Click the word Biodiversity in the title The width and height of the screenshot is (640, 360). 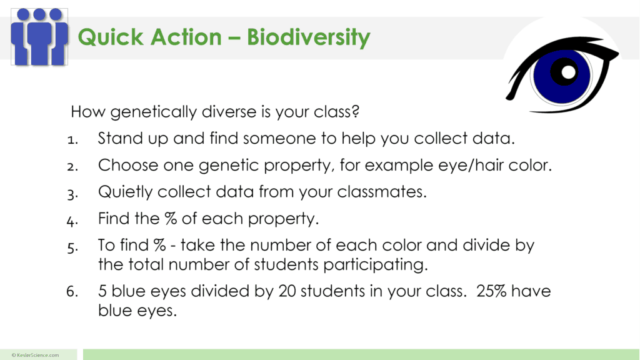click(x=308, y=37)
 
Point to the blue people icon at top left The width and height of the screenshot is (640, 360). click(x=39, y=37)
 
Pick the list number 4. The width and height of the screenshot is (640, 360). click(x=71, y=220)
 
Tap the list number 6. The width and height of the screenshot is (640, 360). click(x=71, y=292)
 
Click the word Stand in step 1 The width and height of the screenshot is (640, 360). click(x=118, y=138)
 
